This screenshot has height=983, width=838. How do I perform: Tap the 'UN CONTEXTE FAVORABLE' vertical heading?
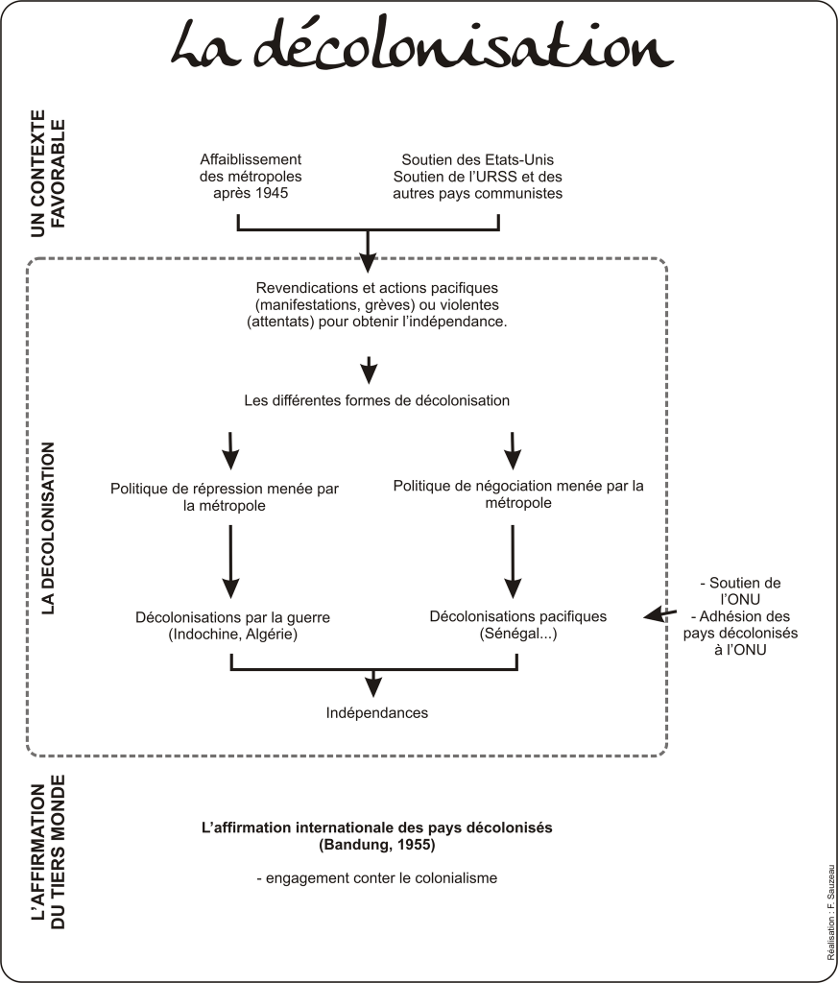point(48,174)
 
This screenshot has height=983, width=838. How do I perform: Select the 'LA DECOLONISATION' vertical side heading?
point(48,528)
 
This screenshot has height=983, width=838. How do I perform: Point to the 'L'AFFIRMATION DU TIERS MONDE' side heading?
point(48,851)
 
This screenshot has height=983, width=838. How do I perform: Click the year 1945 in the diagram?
point(270,193)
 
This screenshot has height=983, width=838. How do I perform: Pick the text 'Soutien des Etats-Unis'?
point(478,160)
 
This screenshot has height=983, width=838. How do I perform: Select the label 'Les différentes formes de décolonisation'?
point(376,400)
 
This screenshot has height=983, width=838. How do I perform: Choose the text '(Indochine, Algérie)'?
point(232,634)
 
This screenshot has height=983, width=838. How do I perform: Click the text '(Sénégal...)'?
point(518,634)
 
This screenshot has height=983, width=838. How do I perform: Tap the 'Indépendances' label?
point(376,713)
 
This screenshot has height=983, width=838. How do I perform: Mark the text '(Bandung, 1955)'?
point(376,845)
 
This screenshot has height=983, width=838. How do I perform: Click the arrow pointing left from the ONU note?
point(660,613)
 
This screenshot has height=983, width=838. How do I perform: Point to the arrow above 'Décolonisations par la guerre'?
point(230,561)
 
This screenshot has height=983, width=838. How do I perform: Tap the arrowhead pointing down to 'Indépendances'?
point(373,687)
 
